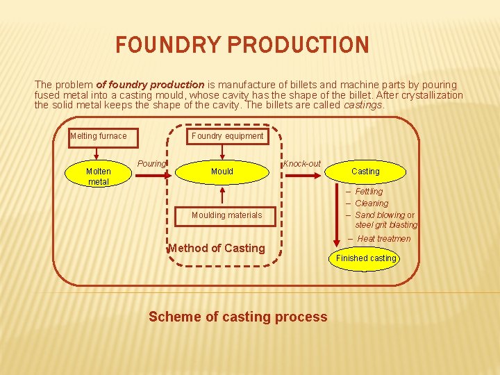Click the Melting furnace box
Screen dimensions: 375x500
102,136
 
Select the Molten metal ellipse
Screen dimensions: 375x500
98,176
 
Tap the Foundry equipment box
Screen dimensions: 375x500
227,136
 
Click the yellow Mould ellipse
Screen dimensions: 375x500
222,171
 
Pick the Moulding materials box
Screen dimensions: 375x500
226,215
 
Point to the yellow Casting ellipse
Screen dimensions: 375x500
365,171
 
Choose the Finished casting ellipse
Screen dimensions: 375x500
366,258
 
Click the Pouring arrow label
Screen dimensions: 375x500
151,164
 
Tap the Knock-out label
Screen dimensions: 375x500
302,164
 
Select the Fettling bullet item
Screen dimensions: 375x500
368,192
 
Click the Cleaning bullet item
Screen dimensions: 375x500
371,203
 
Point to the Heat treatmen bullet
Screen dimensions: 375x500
383,239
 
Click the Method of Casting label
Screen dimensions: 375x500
217,248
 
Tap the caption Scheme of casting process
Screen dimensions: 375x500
237,317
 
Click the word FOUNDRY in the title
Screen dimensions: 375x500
167,46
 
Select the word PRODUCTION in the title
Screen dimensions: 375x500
298,46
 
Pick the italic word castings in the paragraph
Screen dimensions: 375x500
362,106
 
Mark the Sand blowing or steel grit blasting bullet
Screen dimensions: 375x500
385,220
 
